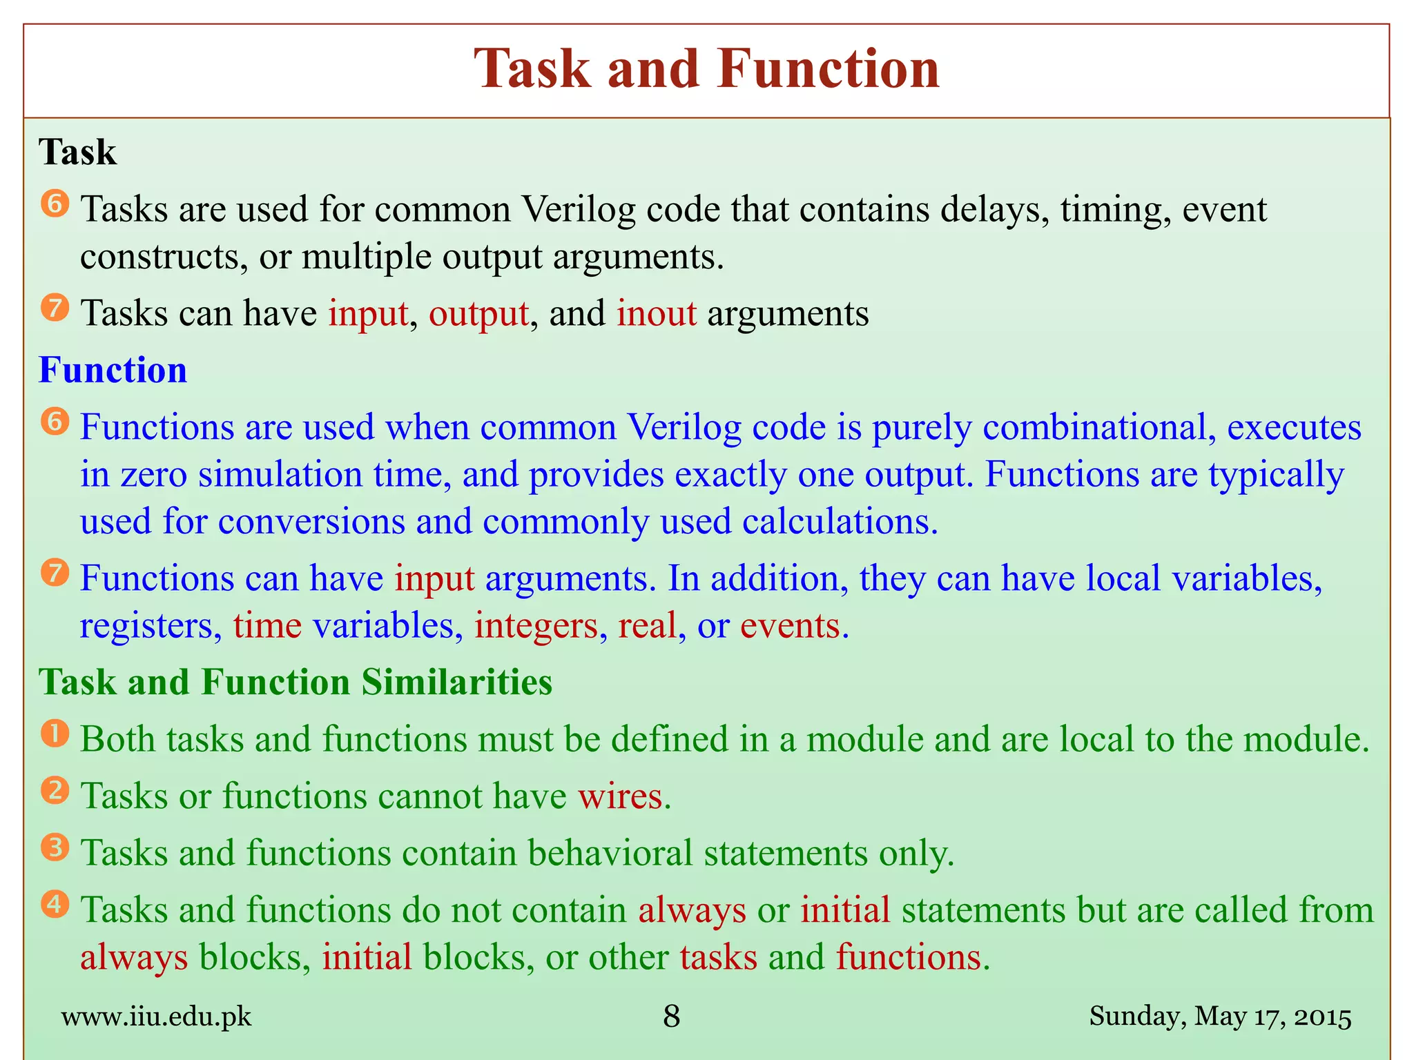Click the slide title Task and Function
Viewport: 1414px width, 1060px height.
(706, 70)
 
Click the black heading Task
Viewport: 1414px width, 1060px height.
(77, 152)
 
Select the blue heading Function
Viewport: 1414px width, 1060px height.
(113, 370)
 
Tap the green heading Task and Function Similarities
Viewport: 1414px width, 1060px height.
(296, 682)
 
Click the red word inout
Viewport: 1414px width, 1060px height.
(656, 313)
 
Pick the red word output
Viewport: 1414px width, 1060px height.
(478, 313)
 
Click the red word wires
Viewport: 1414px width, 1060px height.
(620, 796)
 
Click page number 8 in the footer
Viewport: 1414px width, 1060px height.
(671, 1017)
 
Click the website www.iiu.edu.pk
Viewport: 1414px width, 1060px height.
(156, 1017)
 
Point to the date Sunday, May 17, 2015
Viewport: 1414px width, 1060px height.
(1220, 1017)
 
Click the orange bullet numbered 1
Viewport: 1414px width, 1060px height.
(55, 734)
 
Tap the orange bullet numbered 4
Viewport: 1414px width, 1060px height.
(55, 904)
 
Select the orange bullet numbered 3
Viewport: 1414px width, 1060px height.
(55, 847)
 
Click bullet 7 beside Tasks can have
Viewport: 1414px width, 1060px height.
(55, 308)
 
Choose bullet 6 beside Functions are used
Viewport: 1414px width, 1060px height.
(55, 422)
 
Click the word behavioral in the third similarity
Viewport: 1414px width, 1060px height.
(610, 853)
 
